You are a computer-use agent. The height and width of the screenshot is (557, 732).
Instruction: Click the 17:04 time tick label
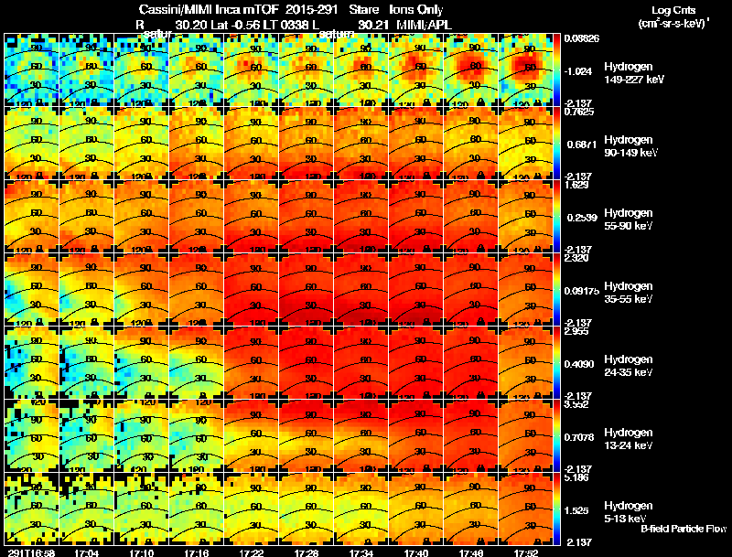(x=86, y=552)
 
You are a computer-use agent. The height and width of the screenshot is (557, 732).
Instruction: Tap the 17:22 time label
(x=252, y=552)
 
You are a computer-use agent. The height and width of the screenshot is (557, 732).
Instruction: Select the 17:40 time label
(x=416, y=552)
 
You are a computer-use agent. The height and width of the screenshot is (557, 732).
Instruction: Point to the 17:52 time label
(x=526, y=552)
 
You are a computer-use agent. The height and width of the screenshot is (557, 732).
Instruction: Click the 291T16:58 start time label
(x=29, y=552)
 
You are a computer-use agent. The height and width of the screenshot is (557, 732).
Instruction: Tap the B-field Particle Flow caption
(x=683, y=529)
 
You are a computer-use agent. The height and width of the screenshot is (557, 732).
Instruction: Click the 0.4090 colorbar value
(x=581, y=364)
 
